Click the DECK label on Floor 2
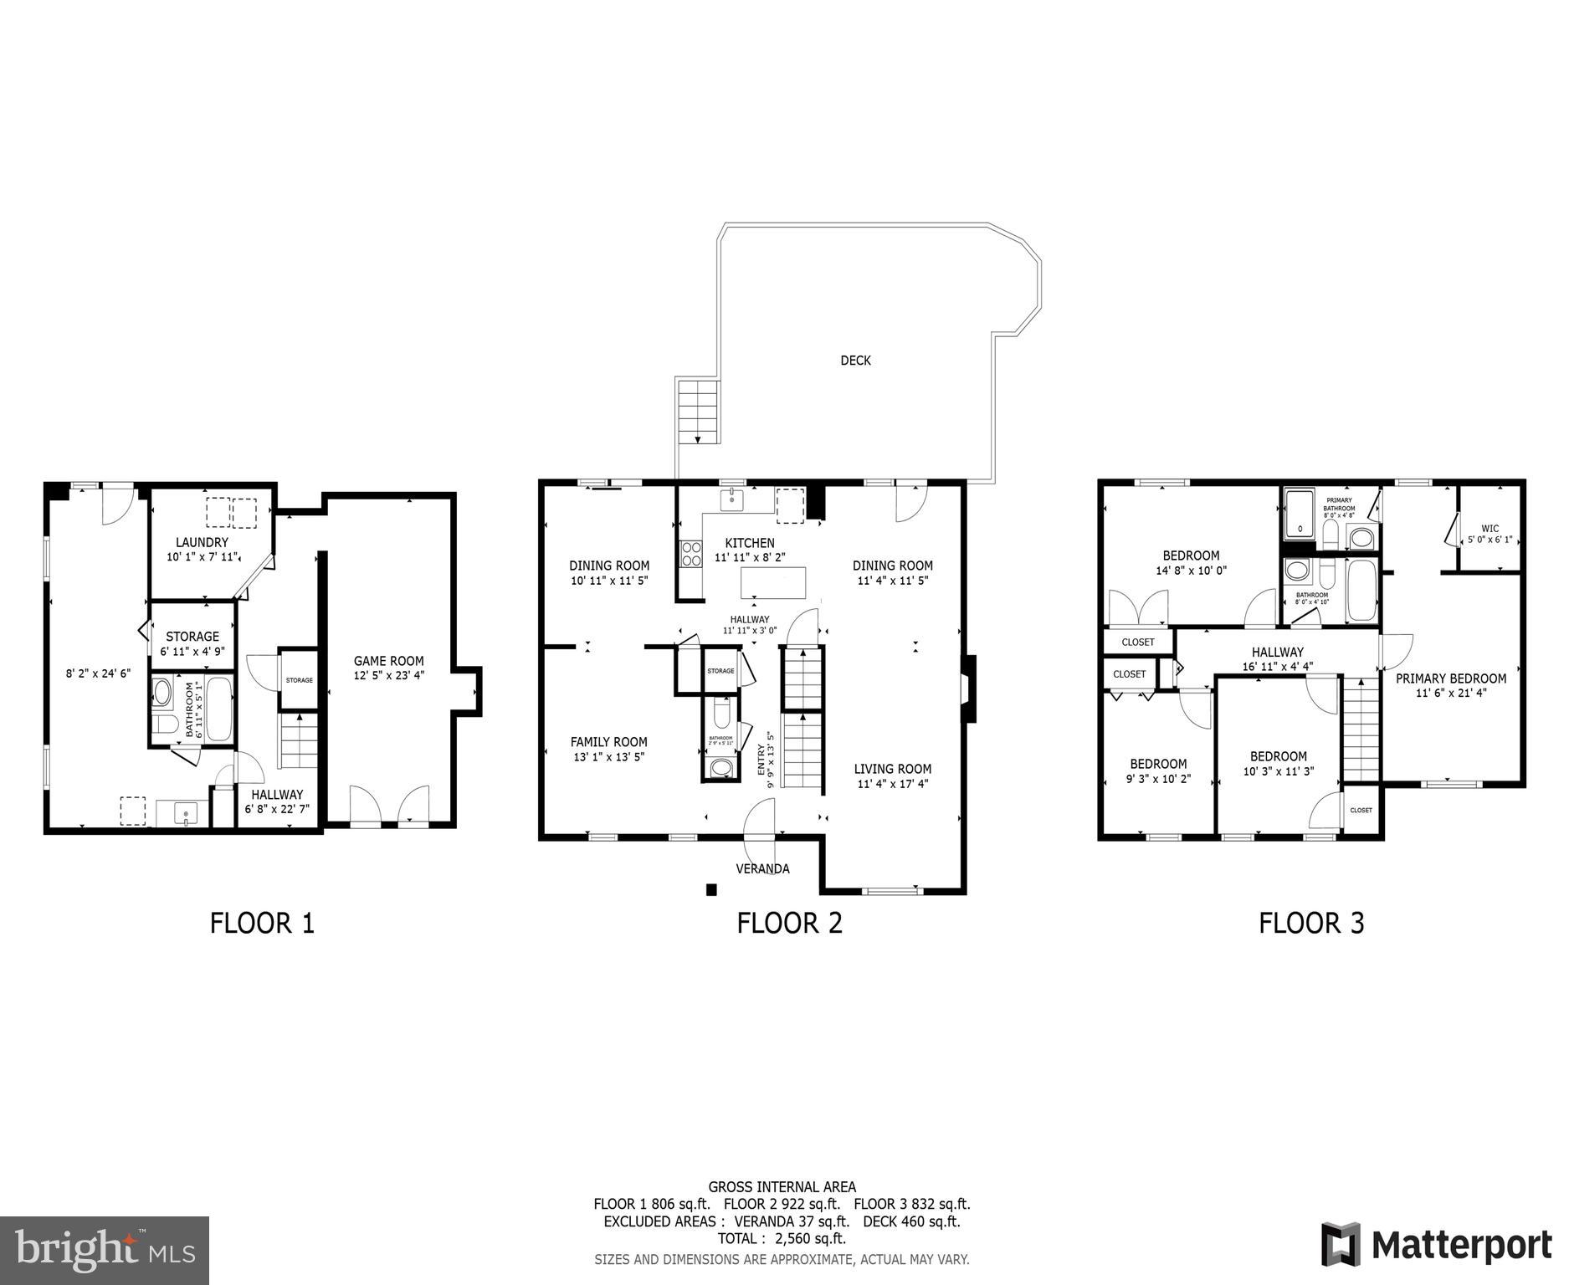[x=855, y=361]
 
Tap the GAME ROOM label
[x=388, y=661]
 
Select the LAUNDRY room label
[x=202, y=542]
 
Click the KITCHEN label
[x=749, y=543]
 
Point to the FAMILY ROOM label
[x=608, y=741]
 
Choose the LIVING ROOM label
[x=892, y=769]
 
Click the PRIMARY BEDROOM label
[x=1450, y=678]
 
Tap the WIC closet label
[x=1490, y=529]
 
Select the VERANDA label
[x=762, y=868]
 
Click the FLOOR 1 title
[x=262, y=923]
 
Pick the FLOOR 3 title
[x=1311, y=923]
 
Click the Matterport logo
[x=1436, y=1246]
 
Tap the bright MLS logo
[x=105, y=1250]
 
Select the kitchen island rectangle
[x=774, y=582]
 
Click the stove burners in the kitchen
[x=691, y=553]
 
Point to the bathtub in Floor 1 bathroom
[x=219, y=709]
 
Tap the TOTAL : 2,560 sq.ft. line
[x=782, y=1238]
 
